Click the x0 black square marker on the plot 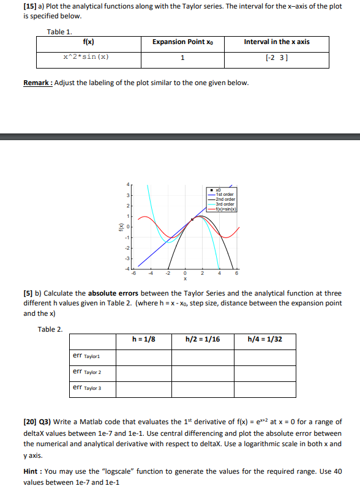coord(192,219)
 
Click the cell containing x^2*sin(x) coord(86,58)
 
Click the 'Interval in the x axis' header coord(277,42)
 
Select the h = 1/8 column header coord(144,339)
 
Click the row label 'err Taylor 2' coord(87,372)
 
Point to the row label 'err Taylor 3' coord(87,387)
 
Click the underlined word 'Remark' coord(37,83)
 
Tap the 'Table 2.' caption coord(50,329)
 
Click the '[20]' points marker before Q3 coord(31,422)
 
